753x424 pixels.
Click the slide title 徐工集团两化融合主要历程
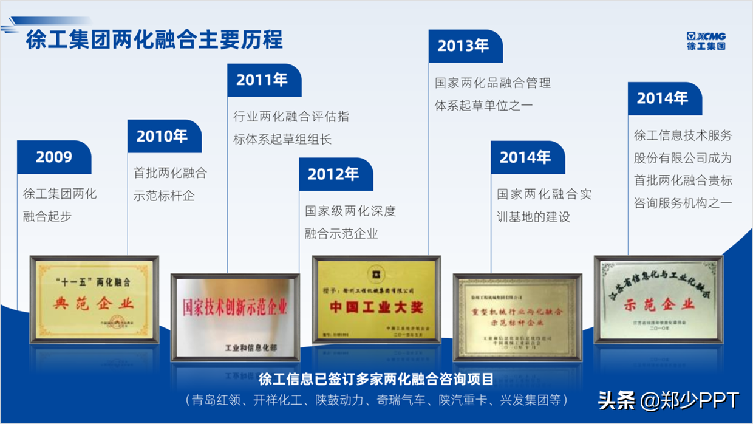(154, 40)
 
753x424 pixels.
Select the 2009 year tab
(54, 157)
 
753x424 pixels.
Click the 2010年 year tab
(162, 137)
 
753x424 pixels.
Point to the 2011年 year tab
(262, 80)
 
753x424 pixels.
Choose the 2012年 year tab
(333, 174)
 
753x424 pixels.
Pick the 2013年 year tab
(463, 46)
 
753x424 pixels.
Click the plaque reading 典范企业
(94, 300)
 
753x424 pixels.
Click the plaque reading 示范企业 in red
(659, 300)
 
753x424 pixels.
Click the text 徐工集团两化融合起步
(60, 205)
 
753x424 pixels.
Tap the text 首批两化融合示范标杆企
(170, 185)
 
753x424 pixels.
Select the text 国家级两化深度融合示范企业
(350, 222)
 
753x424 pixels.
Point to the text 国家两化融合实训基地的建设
(543, 205)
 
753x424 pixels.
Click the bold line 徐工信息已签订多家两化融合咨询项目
(376, 380)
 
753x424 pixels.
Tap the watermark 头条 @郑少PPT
(669, 400)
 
